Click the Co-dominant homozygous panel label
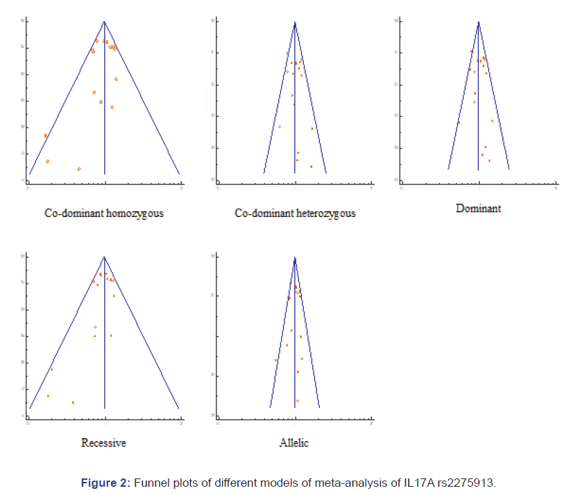point(104,213)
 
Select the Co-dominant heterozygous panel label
point(295,213)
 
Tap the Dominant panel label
point(478,208)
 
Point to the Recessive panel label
point(104,442)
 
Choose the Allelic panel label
point(295,442)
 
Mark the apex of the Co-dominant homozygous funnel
point(104,21)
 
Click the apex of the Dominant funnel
point(478,21)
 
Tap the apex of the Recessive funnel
point(104,257)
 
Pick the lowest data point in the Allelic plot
point(297,401)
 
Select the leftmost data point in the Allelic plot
point(275,361)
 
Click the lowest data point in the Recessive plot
point(73,402)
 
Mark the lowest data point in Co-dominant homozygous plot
point(79,168)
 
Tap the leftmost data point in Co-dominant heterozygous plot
point(280,127)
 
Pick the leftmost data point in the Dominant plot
point(459,123)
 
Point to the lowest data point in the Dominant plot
point(489,161)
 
